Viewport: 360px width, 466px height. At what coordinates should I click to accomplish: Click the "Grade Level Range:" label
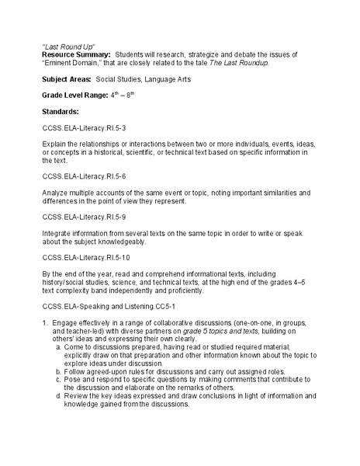(78, 98)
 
